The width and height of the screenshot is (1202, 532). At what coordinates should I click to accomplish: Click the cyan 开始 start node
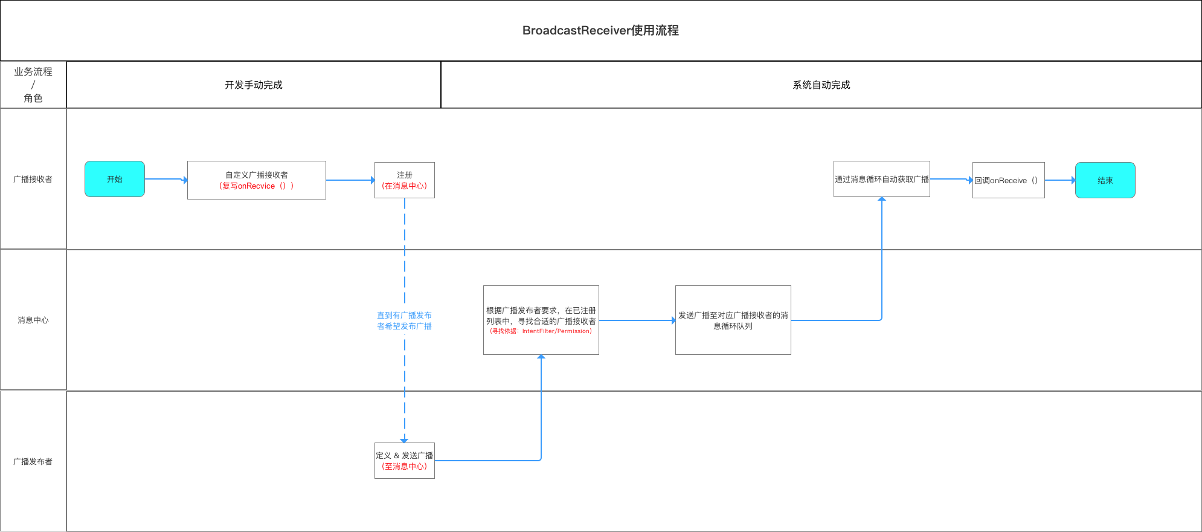pos(115,179)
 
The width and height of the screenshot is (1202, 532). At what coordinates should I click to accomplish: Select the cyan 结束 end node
pos(1105,180)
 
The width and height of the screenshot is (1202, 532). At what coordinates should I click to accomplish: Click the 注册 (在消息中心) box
pos(405,180)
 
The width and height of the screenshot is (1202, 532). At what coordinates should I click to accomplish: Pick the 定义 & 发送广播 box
pos(405,461)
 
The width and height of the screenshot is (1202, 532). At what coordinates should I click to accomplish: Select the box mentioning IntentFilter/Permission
pos(541,320)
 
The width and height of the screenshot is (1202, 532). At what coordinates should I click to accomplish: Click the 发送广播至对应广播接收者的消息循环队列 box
pos(733,320)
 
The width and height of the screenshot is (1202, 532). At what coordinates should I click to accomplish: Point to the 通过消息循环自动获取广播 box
pos(881,179)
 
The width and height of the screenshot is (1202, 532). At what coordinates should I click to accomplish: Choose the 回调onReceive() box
pos(1008,180)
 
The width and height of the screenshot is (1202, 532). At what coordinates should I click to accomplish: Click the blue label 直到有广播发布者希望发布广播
pos(404,320)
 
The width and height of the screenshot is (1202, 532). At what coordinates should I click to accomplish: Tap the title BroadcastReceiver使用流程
pos(600,30)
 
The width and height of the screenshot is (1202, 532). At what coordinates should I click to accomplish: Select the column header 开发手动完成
pos(254,85)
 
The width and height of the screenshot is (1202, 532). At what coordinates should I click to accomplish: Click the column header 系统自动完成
pos(821,85)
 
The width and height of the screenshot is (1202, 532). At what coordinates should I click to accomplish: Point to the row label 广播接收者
pos(33,179)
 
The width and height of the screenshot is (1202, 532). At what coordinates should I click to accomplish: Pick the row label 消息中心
pos(33,320)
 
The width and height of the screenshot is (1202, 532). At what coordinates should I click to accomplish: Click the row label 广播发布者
pos(33,461)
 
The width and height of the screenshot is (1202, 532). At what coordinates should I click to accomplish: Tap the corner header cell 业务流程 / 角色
pos(33,85)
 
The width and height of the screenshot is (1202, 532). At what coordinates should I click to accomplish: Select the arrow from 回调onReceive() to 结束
pos(1060,180)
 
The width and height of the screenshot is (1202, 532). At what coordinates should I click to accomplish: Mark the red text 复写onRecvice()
pos(257,186)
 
